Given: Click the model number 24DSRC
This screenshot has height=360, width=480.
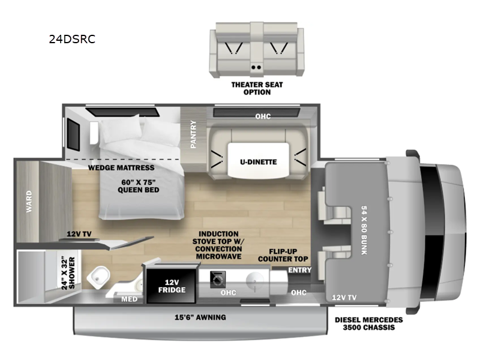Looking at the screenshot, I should [x=72, y=40].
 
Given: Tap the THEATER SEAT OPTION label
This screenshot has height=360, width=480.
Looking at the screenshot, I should [x=257, y=88].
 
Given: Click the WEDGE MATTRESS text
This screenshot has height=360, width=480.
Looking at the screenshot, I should [x=121, y=167].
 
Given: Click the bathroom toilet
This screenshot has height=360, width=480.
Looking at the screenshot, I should [x=99, y=277].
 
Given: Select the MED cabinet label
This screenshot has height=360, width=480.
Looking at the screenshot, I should [x=129, y=299].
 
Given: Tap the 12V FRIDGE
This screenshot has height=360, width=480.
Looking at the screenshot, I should [x=168, y=286].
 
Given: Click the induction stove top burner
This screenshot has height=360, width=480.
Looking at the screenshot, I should [x=217, y=278].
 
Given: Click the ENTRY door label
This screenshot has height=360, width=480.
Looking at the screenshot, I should [x=299, y=270].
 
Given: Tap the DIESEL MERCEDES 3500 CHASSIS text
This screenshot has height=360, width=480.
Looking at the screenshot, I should [x=368, y=324].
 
